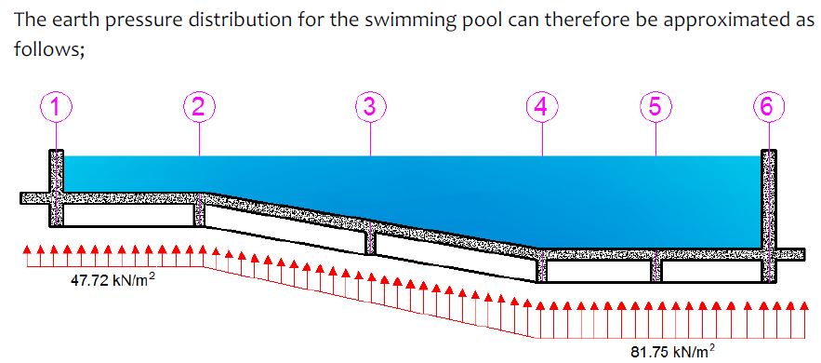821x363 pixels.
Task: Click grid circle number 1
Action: point(56,107)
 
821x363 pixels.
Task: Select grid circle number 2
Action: point(199,107)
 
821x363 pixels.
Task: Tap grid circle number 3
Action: point(370,107)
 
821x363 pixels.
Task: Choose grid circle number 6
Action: point(768,107)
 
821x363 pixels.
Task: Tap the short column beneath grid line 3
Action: point(371,239)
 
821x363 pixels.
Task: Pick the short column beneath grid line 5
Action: point(655,267)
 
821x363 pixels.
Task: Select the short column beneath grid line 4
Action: point(542,267)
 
